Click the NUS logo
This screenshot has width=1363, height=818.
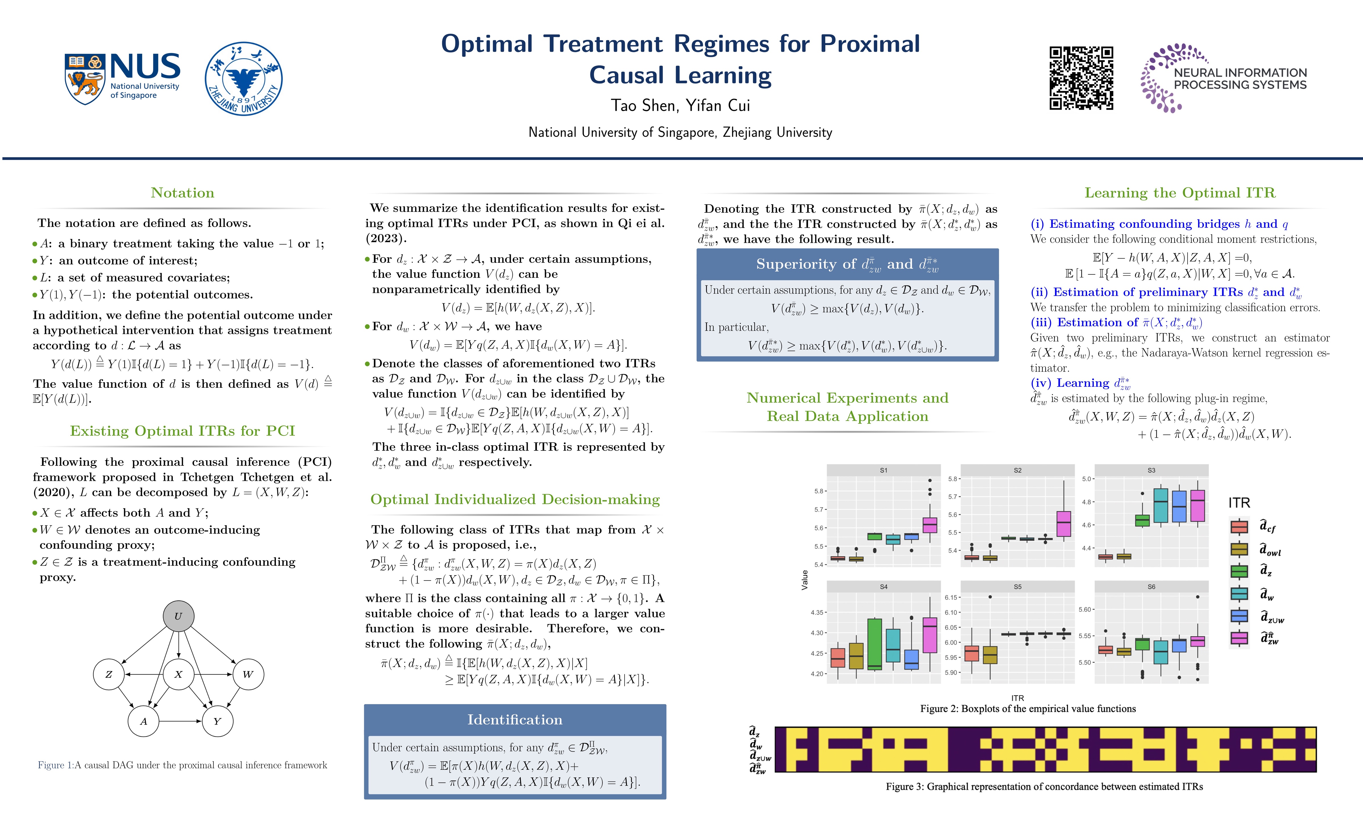point(122,78)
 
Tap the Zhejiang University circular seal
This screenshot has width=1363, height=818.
point(244,79)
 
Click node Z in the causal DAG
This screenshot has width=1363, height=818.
point(108,674)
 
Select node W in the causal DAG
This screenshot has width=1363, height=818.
point(248,674)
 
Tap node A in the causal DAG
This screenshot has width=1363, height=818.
point(143,721)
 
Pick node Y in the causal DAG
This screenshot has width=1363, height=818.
point(217,721)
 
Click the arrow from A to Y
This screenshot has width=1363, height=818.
point(180,721)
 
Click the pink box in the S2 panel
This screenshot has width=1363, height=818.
point(1063,524)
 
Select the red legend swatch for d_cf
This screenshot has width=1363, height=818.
point(1239,526)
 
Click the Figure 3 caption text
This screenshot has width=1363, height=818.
point(1044,786)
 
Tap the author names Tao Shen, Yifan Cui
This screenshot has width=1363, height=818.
point(681,105)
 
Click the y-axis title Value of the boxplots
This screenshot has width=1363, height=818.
point(804,580)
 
